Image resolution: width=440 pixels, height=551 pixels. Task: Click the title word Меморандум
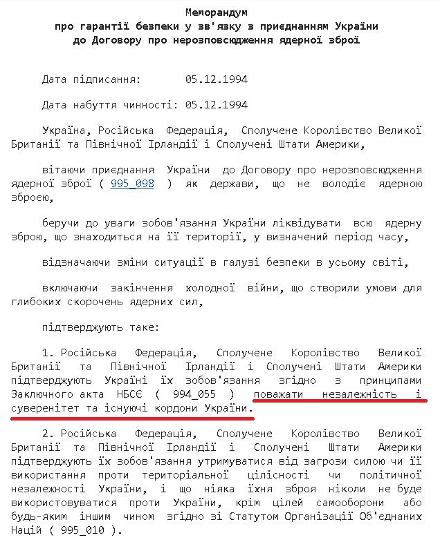[219, 13]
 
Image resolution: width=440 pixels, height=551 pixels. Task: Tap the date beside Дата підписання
[216, 79]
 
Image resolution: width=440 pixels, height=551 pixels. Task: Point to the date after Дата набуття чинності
[216, 105]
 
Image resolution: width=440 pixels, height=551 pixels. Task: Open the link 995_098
[132, 184]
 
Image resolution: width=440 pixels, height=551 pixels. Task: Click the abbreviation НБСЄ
[131, 394]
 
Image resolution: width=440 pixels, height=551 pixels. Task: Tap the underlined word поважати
[277, 394]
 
